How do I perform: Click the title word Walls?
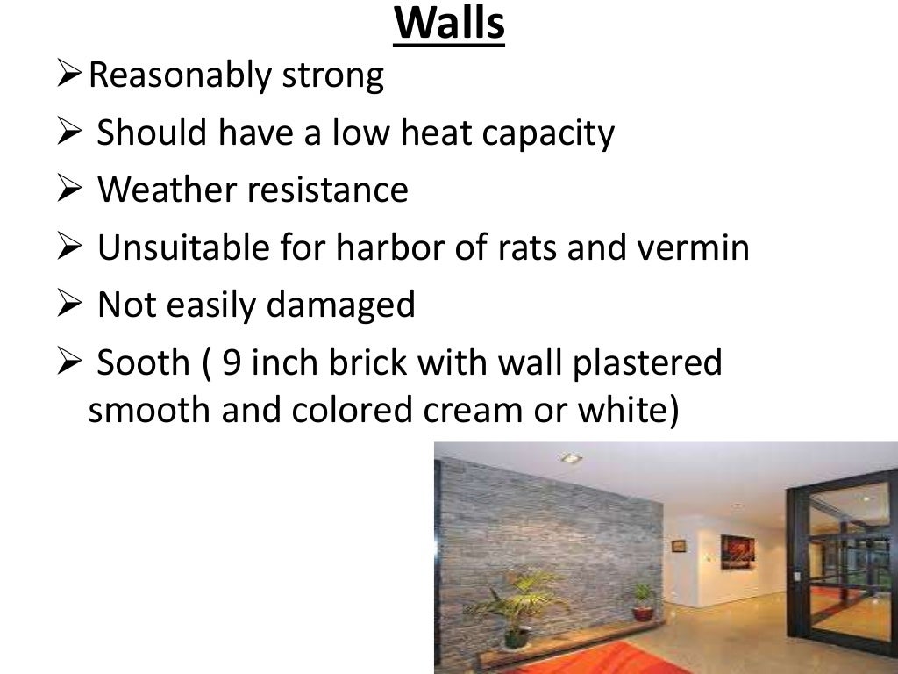pyautogui.click(x=449, y=24)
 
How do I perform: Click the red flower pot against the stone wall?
pyautogui.click(x=643, y=613)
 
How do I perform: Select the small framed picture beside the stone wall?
pyautogui.click(x=678, y=546)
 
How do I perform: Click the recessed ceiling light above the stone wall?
pyautogui.click(x=570, y=458)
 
